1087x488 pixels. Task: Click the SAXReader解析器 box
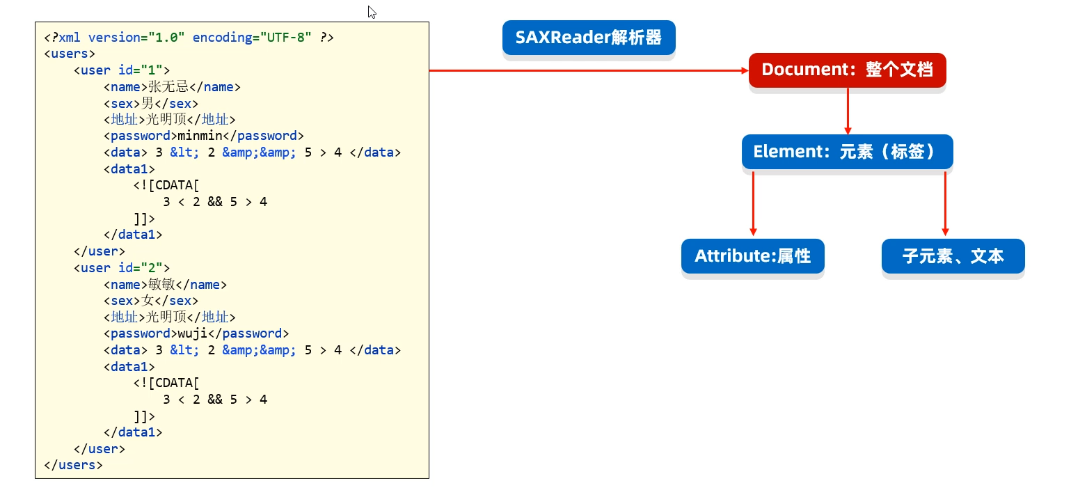pos(589,38)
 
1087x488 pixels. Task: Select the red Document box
pos(847,70)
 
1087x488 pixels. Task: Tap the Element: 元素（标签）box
pos(847,152)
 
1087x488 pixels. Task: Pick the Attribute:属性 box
pos(752,256)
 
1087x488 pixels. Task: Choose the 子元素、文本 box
pos(953,256)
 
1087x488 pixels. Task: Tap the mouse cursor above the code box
pos(372,12)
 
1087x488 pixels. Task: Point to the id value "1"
pos(152,70)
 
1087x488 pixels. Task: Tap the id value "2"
pos(152,268)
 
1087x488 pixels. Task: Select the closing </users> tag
pos(73,465)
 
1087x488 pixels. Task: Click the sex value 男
pos(148,104)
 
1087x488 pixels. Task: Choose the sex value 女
pos(148,301)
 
